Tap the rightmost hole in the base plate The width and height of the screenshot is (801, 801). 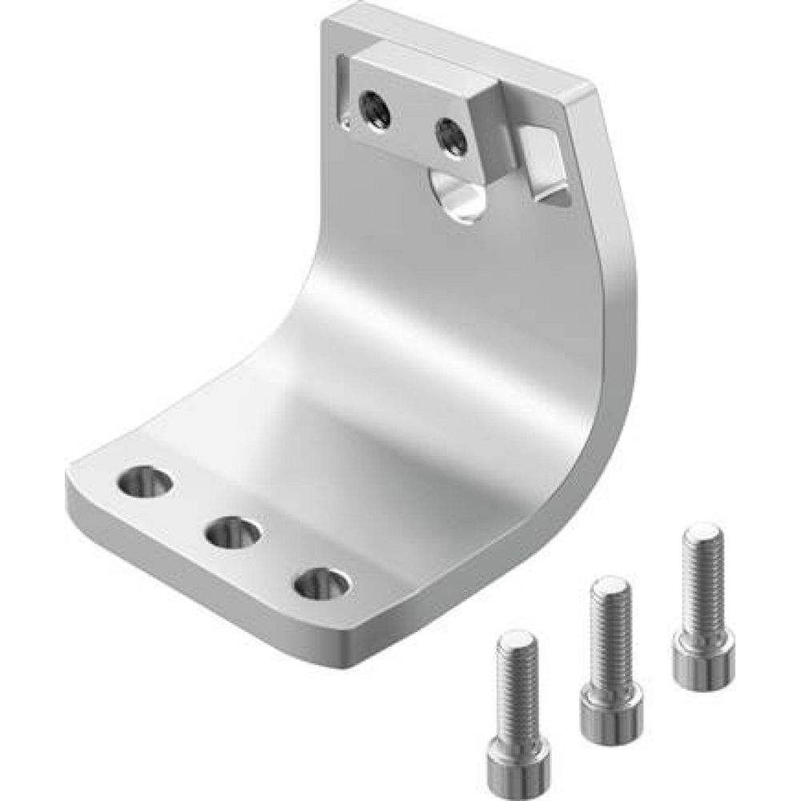pos(321,582)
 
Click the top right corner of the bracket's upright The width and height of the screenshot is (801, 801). pos(589,92)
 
